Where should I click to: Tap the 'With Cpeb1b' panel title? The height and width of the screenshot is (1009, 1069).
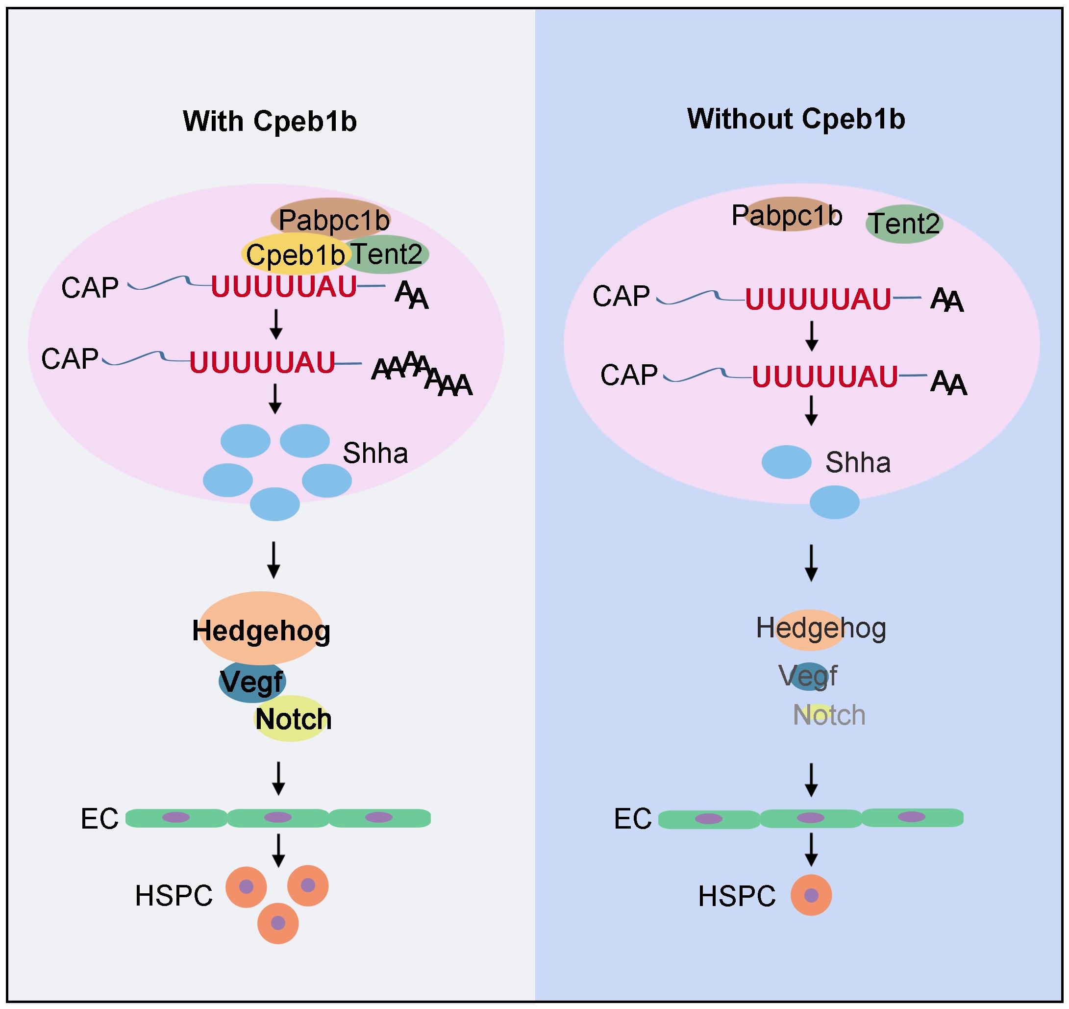pos(270,121)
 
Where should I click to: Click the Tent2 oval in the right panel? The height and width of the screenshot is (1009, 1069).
pos(904,224)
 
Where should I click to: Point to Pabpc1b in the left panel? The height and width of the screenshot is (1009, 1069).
pos(333,220)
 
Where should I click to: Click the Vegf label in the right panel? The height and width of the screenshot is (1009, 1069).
pos(808,676)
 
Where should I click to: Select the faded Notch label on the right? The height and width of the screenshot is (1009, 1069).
pos(829,715)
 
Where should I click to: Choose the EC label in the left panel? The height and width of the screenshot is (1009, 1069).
pos(99,819)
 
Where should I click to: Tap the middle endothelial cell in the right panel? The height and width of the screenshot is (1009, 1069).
pos(810,819)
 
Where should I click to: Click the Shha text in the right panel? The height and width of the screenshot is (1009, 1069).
pos(858,462)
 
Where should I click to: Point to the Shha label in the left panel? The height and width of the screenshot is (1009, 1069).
pos(375,453)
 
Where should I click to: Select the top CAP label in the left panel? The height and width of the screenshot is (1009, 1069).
pos(90,288)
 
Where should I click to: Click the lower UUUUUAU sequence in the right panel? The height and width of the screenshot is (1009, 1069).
pos(824,377)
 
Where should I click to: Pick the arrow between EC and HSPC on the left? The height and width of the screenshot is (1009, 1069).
pos(278,850)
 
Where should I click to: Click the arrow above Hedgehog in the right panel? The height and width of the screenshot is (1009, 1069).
pos(811,562)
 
